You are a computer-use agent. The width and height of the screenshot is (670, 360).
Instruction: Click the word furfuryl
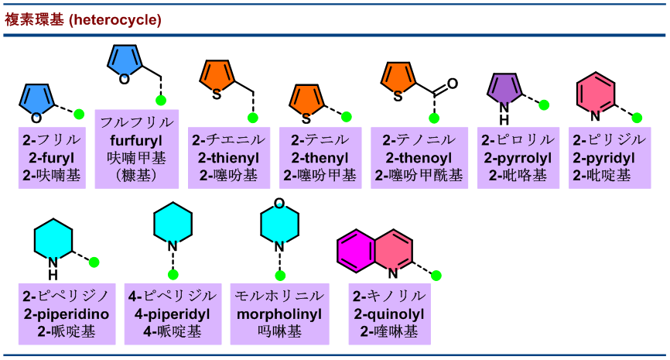point(137,141)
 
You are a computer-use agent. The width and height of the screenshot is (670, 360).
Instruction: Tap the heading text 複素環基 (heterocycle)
point(84,19)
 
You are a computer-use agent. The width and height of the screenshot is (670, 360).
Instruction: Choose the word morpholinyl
point(279,314)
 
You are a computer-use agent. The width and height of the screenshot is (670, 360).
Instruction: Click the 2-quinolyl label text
point(389,314)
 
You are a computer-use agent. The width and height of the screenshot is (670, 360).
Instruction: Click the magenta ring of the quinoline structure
point(357,249)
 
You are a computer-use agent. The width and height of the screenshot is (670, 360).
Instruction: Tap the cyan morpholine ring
point(279,225)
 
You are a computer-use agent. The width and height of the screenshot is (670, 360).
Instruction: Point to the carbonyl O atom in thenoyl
point(453,83)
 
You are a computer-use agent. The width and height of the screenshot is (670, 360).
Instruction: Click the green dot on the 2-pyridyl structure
point(638,118)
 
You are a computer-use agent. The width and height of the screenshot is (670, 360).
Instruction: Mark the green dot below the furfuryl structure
point(161,101)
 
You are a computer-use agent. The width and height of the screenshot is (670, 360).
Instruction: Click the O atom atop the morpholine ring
point(279,203)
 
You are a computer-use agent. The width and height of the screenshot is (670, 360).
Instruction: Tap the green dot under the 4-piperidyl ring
point(173,275)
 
